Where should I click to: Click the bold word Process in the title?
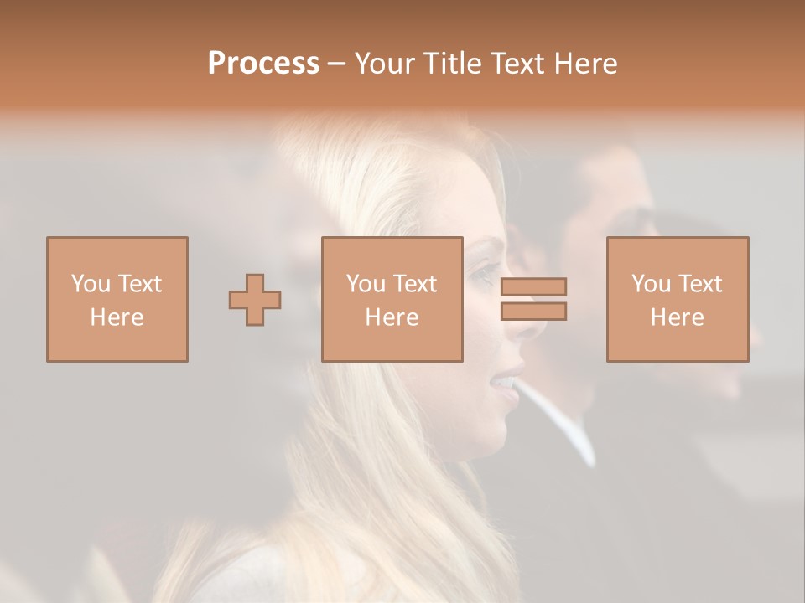click(x=263, y=64)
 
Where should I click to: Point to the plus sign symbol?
click(x=255, y=299)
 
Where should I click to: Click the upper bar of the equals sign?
click(x=533, y=286)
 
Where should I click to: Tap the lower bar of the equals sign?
click(x=533, y=312)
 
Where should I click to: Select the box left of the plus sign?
click(x=117, y=299)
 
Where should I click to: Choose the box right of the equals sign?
click(x=678, y=299)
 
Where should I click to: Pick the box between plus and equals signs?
click(x=392, y=299)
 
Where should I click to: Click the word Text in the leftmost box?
click(x=139, y=284)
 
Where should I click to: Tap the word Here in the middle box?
click(x=392, y=317)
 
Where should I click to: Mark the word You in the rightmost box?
click(x=651, y=284)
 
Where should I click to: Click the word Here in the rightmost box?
click(x=678, y=317)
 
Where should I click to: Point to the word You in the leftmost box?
click(x=91, y=284)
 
